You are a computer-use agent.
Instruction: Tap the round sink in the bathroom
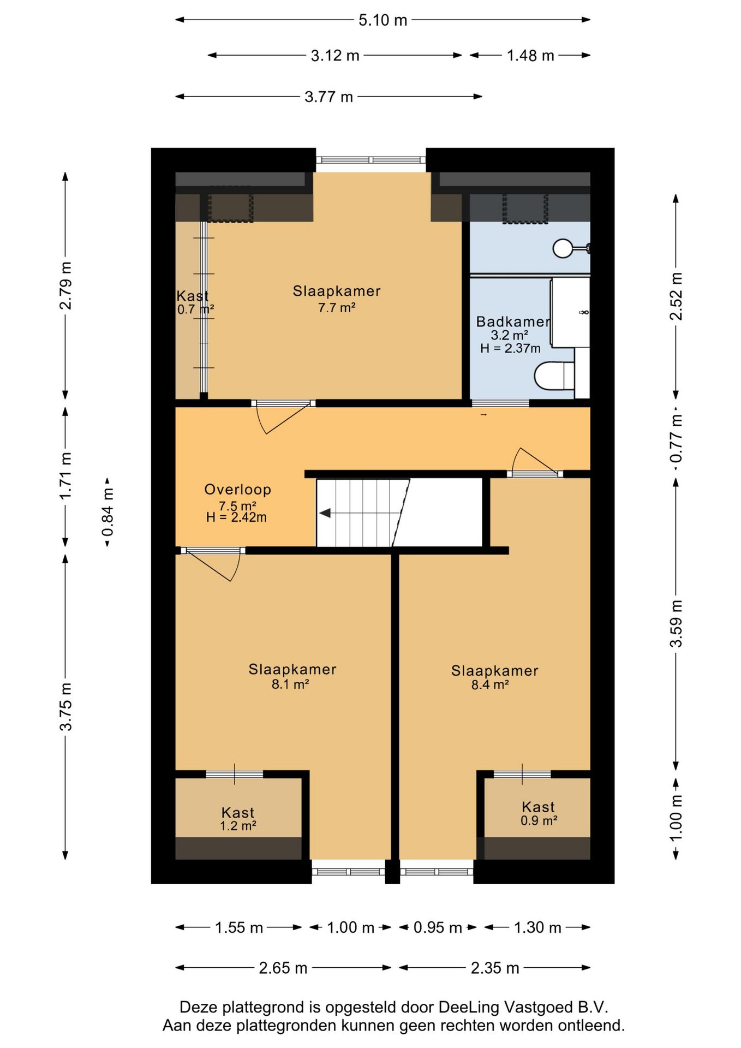point(562,248)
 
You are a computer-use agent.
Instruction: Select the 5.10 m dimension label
point(383,20)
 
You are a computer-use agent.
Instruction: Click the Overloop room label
point(237,490)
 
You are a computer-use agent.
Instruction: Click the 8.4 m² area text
point(490,684)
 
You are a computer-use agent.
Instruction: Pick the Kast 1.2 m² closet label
point(238,819)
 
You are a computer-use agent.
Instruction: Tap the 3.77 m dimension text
point(328,97)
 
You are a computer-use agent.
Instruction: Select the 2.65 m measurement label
point(283,968)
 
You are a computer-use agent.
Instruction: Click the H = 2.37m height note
point(510,348)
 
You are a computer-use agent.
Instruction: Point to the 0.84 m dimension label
point(108,513)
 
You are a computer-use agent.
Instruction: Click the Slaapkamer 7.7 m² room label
point(337,299)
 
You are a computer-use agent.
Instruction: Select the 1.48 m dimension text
point(530,56)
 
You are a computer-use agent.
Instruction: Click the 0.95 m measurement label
point(438,928)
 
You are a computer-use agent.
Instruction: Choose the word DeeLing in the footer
point(468,1007)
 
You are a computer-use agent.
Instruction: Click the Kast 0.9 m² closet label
point(539,813)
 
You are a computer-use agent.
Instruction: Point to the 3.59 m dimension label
point(676,623)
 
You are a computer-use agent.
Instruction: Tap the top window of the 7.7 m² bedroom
point(371,160)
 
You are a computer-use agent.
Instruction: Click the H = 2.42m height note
point(236,517)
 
